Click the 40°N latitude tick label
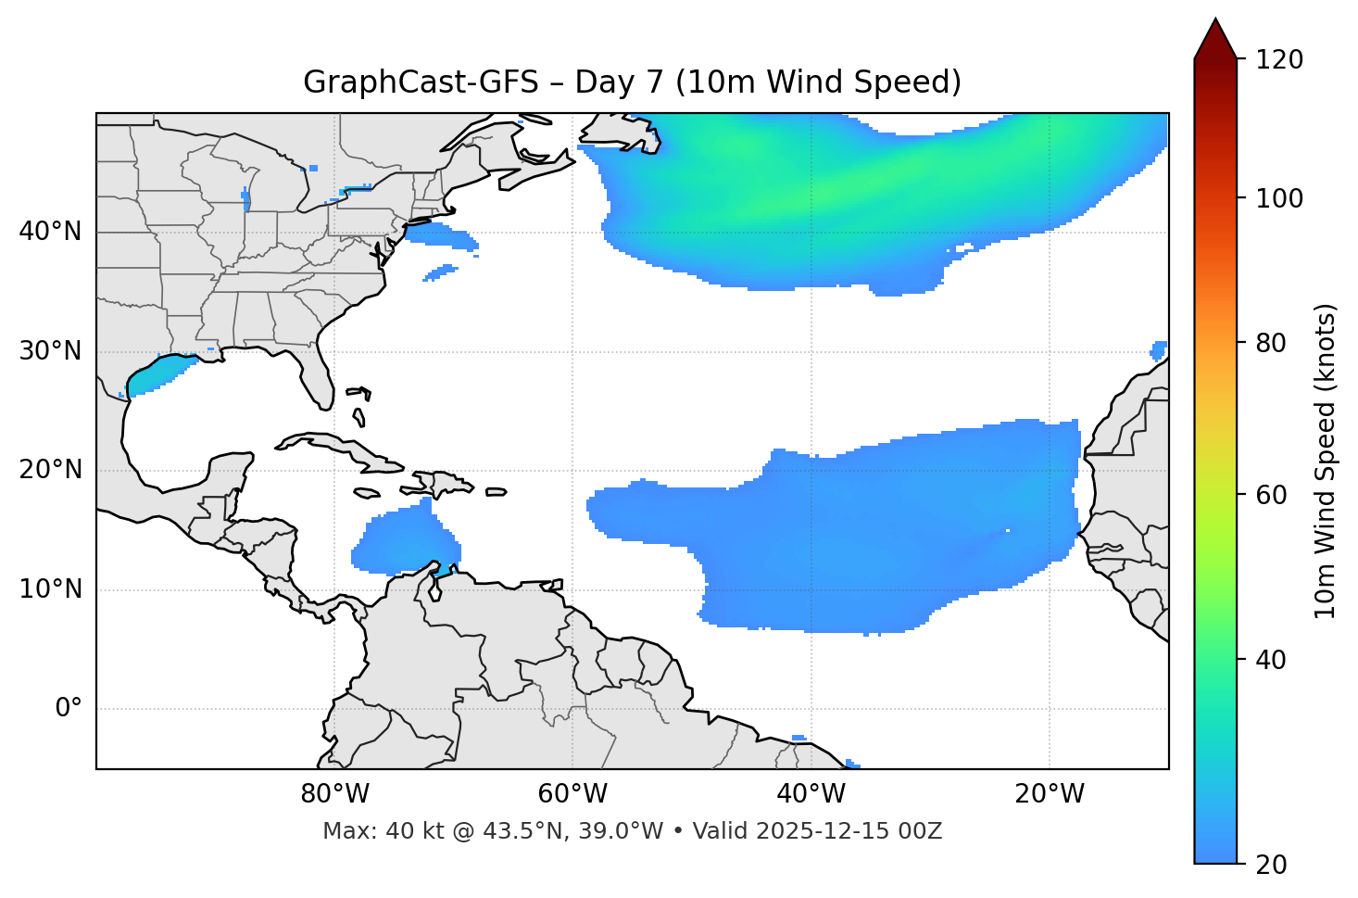click(x=50, y=232)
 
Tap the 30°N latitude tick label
click(x=50, y=351)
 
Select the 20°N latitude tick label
click(x=50, y=470)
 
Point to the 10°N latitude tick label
click(x=50, y=589)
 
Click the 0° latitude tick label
click(x=69, y=709)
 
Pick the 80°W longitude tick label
click(x=334, y=794)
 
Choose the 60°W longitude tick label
click(x=572, y=794)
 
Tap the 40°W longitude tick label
click(x=811, y=794)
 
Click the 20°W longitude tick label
click(x=1050, y=794)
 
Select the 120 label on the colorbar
click(x=1278, y=60)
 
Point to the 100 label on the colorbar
click(x=1278, y=198)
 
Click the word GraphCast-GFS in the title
click(x=421, y=82)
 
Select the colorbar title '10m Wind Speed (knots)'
click(x=1326, y=461)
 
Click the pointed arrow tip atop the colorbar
click(x=1215, y=21)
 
